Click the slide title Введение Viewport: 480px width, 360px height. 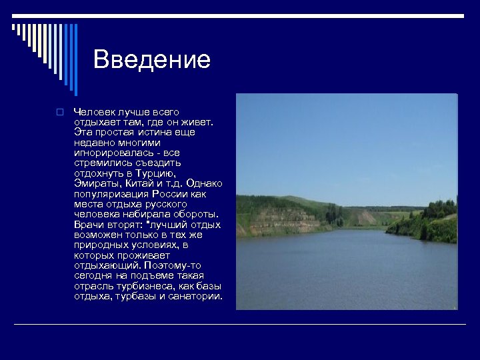pyautogui.click(x=152, y=59)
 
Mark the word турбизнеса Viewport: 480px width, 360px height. pyautogui.click(x=138, y=286)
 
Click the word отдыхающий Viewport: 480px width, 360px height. pyautogui.click(x=105, y=265)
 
